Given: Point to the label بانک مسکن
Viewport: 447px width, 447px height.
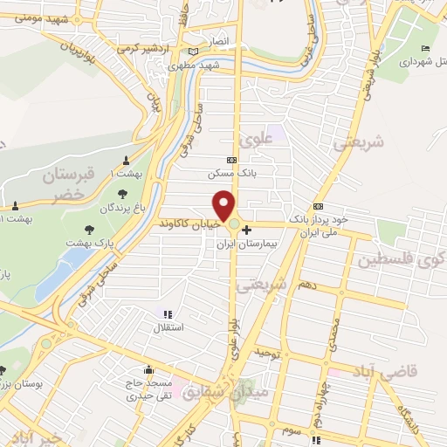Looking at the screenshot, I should point(230,174).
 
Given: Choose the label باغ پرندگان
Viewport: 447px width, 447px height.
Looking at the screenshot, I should point(120,208).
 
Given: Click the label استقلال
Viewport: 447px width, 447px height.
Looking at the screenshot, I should point(167,328).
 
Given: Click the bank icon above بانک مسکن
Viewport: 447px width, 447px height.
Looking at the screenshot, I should point(230,160).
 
